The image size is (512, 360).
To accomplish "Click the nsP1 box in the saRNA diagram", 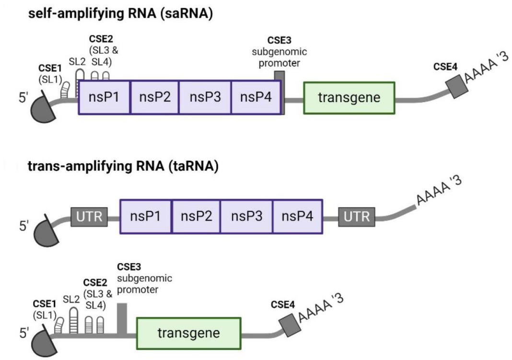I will (x=104, y=97).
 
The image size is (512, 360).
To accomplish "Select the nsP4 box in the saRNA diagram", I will (x=256, y=97).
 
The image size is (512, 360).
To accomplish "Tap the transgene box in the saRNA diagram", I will (x=349, y=98).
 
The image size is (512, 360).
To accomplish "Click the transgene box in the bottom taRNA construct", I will (x=188, y=333).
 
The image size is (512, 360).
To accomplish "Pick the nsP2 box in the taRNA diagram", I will (x=196, y=216).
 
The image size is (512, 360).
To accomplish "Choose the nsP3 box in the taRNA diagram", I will (x=246, y=216).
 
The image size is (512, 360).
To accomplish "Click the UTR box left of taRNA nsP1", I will (x=89, y=217).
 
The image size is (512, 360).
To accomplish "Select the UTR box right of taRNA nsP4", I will (x=357, y=217).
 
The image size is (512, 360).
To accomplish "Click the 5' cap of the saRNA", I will (x=44, y=110).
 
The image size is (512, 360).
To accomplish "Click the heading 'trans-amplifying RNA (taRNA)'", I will (x=123, y=167).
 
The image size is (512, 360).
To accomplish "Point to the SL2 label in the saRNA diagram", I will (x=77, y=61).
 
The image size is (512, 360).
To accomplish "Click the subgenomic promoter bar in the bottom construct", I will (x=122, y=319).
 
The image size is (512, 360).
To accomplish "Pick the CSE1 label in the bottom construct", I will (x=45, y=303).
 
